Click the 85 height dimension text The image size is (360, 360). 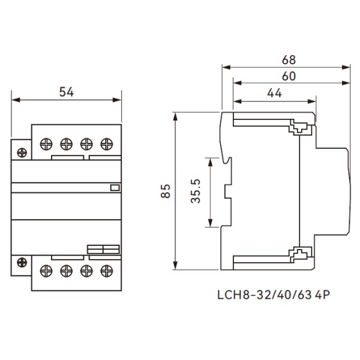pyautogui.click(x=167, y=191)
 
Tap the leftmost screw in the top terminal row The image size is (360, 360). pyautogui.click(x=45, y=143)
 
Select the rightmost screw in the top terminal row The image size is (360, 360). pyautogui.click(x=107, y=143)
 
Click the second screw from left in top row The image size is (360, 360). pyautogui.click(x=65, y=143)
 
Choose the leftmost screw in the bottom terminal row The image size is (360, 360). pyautogui.click(x=45, y=270)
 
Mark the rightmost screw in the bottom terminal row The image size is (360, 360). pyautogui.click(x=107, y=270)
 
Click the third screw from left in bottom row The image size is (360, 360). pyautogui.click(x=86, y=270)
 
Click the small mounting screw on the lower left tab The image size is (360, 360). pyautogui.click(x=22, y=262)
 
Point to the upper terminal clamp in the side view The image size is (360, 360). pyautogui.click(x=298, y=128)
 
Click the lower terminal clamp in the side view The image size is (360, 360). pyautogui.click(x=298, y=255)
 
